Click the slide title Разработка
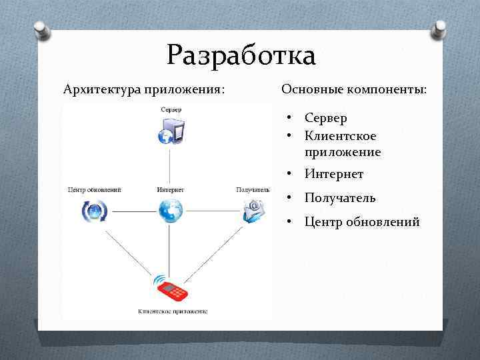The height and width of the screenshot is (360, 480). (x=241, y=55)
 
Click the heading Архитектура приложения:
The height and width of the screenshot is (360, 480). (x=143, y=89)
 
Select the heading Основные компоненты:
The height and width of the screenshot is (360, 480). (x=354, y=89)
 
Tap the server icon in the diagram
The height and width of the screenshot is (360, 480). (x=171, y=130)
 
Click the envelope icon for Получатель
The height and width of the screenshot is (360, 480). (x=253, y=211)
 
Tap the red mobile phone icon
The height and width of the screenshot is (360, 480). (x=171, y=288)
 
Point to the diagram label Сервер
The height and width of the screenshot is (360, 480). (x=171, y=109)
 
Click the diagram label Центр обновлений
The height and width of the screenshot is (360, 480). (x=95, y=190)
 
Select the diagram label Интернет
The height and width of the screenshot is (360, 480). (x=171, y=190)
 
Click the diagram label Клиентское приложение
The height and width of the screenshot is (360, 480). (x=173, y=311)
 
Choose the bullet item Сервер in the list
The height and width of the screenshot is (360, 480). (x=325, y=118)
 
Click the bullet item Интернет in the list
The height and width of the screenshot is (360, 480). (x=333, y=175)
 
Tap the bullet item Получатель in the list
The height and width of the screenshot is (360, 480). (x=340, y=198)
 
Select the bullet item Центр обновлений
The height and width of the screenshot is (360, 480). (x=362, y=222)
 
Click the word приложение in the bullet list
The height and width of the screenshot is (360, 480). (x=343, y=152)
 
